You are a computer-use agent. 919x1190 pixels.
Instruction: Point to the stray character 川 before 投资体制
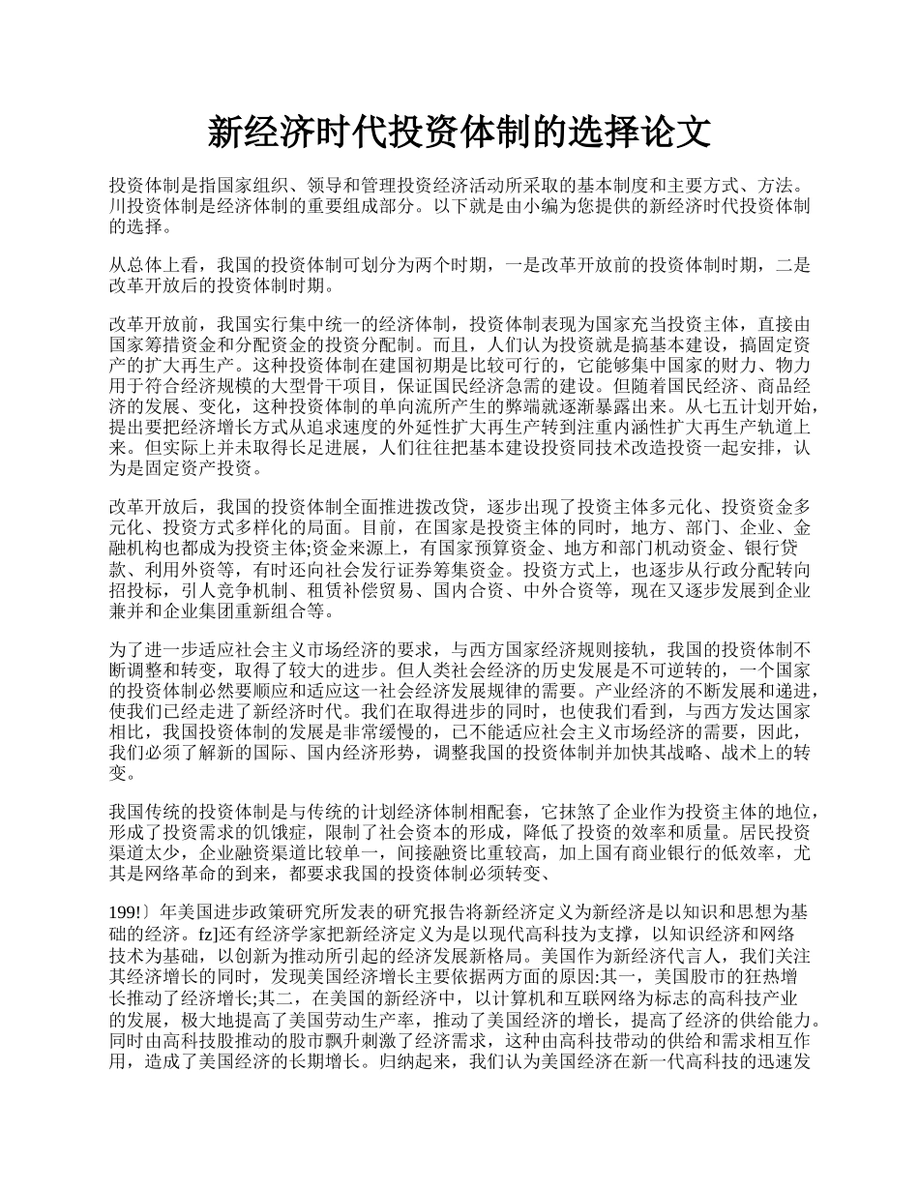pyautogui.click(x=117, y=206)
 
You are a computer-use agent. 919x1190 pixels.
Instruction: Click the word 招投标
pyautogui.click(x=134, y=589)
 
